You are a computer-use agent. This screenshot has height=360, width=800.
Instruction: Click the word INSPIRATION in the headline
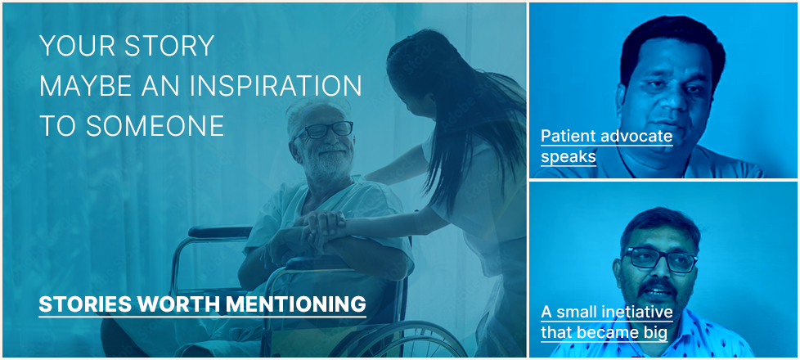[276, 86]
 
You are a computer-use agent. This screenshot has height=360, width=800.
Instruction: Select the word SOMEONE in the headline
[155, 126]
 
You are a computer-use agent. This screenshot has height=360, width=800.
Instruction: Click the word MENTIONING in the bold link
[296, 304]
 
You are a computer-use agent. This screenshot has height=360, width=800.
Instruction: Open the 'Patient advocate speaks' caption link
[606, 146]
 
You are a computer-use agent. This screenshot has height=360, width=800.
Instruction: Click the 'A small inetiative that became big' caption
[607, 322]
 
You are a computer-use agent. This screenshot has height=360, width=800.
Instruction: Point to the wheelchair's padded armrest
[220, 232]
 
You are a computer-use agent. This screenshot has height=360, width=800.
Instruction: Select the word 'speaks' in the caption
[569, 156]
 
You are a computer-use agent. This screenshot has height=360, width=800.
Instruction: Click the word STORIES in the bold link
[87, 304]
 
